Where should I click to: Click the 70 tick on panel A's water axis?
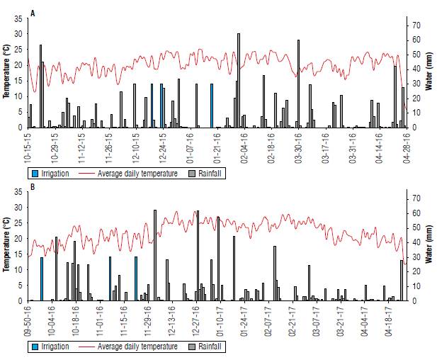416,25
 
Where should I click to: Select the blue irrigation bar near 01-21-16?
211,106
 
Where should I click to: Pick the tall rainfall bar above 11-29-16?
154,255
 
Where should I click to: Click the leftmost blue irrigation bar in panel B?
42,279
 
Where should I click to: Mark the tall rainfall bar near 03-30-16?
298,84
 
